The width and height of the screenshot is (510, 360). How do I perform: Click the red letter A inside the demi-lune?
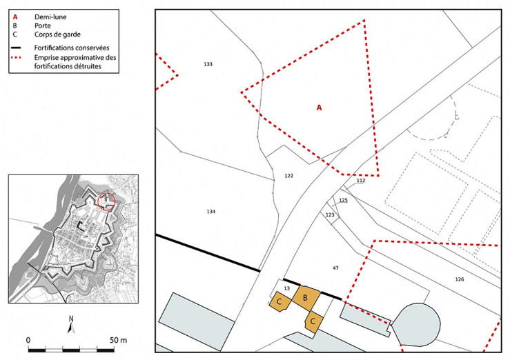(320, 108)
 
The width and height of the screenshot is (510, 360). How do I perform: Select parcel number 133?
(208, 64)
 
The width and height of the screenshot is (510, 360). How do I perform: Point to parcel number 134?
(211, 211)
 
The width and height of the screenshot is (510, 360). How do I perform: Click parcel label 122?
(288, 176)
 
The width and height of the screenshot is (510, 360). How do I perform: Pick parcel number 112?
(361, 181)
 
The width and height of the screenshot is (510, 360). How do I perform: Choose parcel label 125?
(344, 201)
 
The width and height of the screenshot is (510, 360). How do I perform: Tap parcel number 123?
(330, 215)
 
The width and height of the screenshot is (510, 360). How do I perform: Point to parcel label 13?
(286, 289)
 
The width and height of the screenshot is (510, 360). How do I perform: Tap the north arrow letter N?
(71, 319)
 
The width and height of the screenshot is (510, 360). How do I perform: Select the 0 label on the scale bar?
(28, 340)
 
